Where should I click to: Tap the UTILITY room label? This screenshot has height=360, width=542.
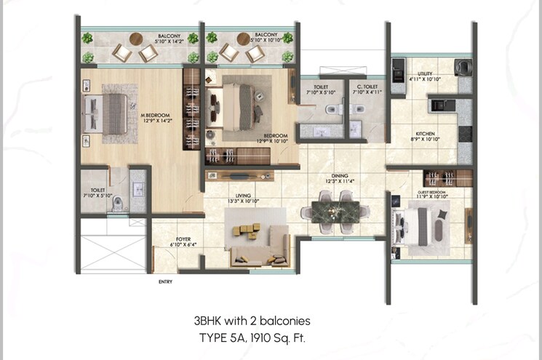point(425,72)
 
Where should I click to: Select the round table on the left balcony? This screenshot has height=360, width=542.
point(137,39)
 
